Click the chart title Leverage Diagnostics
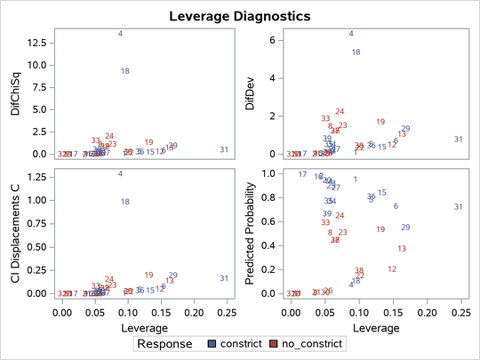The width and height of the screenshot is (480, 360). pyautogui.click(x=240, y=16)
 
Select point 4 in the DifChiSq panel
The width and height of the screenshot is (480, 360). pyautogui.click(x=121, y=34)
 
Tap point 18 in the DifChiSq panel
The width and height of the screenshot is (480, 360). pyautogui.click(x=125, y=71)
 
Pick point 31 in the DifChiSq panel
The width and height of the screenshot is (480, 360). pyautogui.click(x=224, y=149)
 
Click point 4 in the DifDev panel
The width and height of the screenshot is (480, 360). pyautogui.click(x=351, y=34)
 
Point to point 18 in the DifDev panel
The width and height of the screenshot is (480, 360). pyautogui.click(x=356, y=52)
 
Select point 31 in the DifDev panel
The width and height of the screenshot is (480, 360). pyautogui.click(x=458, y=140)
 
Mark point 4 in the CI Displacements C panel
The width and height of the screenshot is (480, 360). pyautogui.click(x=121, y=173)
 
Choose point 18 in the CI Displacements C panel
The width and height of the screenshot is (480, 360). pyautogui.click(x=125, y=202)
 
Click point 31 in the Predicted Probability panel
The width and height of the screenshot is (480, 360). pyautogui.click(x=458, y=207)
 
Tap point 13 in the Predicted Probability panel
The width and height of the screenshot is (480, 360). pyautogui.click(x=402, y=249)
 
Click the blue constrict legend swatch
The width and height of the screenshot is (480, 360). pyautogui.click(x=212, y=342)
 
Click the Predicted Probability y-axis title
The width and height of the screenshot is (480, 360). pyautogui.click(x=250, y=229)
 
